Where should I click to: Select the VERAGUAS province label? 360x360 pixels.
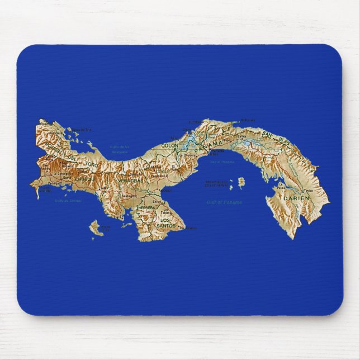click(x=129, y=181)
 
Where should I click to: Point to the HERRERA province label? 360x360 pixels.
click(x=146, y=207)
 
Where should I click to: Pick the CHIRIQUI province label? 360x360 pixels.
click(x=86, y=179)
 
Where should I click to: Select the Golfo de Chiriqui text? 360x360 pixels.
click(x=68, y=200)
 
